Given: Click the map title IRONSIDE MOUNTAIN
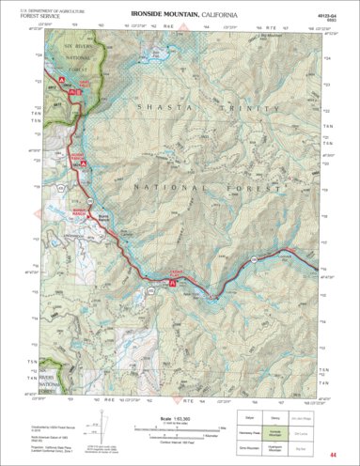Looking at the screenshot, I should coord(162,16).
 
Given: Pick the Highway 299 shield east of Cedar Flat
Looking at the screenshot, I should coord(254,256).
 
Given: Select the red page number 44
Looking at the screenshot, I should coord(347,455).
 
